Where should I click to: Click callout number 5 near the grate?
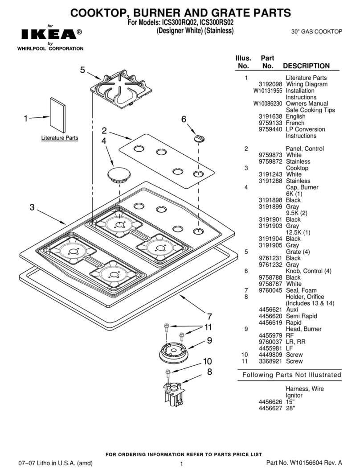(82, 70)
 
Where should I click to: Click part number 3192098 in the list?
(270, 84)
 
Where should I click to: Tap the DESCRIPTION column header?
(307, 66)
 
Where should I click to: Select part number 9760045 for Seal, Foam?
(270, 290)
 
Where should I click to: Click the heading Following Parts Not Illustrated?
(291, 375)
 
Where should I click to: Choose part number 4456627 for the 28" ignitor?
(270, 408)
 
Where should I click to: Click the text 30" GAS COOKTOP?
(316, 32)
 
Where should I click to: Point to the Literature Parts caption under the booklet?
(60, 138)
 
